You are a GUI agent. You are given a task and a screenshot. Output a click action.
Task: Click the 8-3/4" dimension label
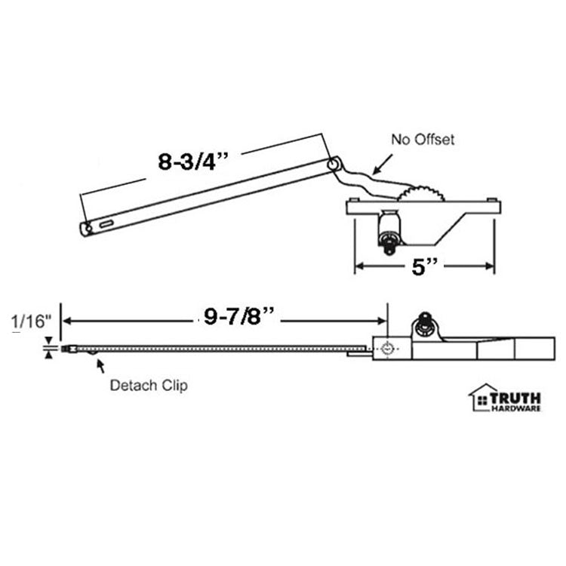(184, 163)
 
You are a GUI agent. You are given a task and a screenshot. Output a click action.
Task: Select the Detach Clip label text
(149, 385)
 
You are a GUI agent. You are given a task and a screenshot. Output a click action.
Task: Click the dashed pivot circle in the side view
(388, 349)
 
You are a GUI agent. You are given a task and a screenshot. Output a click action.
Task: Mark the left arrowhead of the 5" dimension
(361, 266)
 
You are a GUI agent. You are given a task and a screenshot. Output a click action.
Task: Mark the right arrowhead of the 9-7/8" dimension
(380, 321)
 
